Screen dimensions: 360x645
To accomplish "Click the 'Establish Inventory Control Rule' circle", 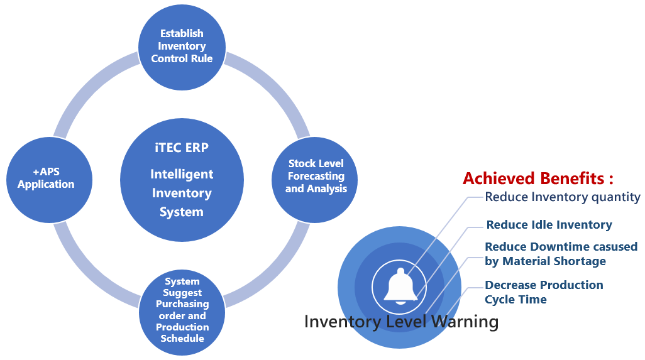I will coord(182,46).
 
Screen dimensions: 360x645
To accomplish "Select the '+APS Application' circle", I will coord(46,178).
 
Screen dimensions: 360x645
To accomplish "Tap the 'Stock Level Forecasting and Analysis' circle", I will coord(316,177).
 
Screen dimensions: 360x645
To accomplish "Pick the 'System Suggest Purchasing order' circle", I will coord(182,310).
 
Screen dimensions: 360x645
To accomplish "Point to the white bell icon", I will coord(400,286).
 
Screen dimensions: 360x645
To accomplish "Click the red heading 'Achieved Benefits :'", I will coord(537,178).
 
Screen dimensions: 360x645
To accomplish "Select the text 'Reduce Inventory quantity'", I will coord(562,197).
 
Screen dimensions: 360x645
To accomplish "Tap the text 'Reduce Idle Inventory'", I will coord(549,225).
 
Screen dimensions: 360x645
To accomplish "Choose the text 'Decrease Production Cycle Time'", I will coord(543,292).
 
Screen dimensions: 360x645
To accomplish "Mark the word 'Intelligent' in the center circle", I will coord(182,175).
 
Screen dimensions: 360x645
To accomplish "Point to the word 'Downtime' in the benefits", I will coord(558,247).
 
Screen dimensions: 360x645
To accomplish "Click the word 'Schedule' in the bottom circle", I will coord(182,339).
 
